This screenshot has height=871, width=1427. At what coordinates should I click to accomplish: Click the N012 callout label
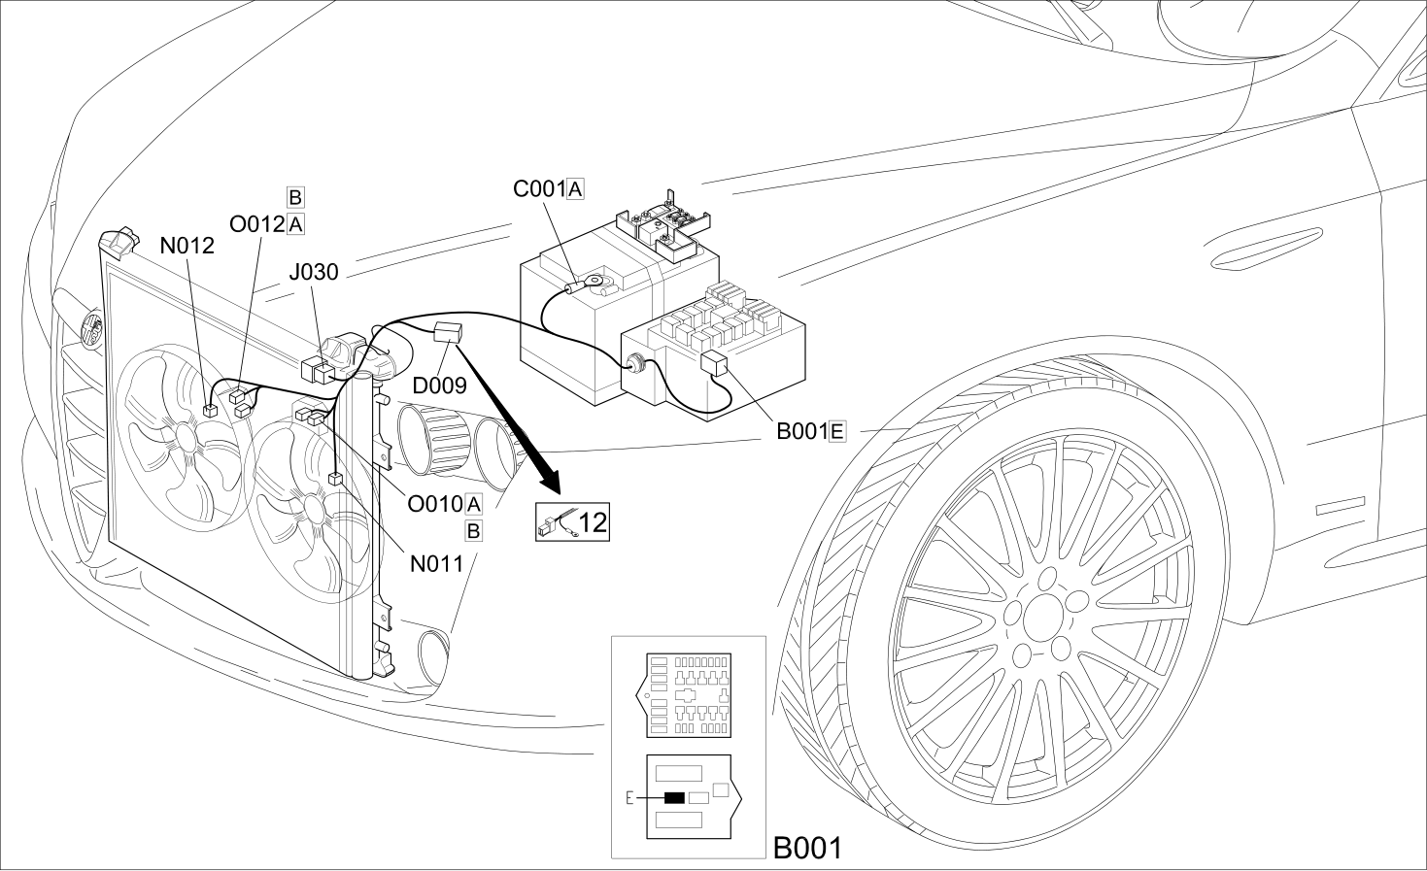187,245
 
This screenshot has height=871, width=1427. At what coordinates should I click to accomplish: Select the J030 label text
314,272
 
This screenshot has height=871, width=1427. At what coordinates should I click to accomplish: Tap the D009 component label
440,385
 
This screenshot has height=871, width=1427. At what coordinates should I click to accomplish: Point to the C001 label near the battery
539,189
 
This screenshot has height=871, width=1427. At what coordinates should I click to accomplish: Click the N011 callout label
436,563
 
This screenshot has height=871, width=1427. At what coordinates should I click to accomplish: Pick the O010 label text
435,504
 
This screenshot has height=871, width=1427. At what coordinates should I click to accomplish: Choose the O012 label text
257,224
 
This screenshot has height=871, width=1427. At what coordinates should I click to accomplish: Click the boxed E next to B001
837,432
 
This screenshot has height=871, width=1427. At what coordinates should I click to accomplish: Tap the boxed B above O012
295,197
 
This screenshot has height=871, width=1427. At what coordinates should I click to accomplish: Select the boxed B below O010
473,531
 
